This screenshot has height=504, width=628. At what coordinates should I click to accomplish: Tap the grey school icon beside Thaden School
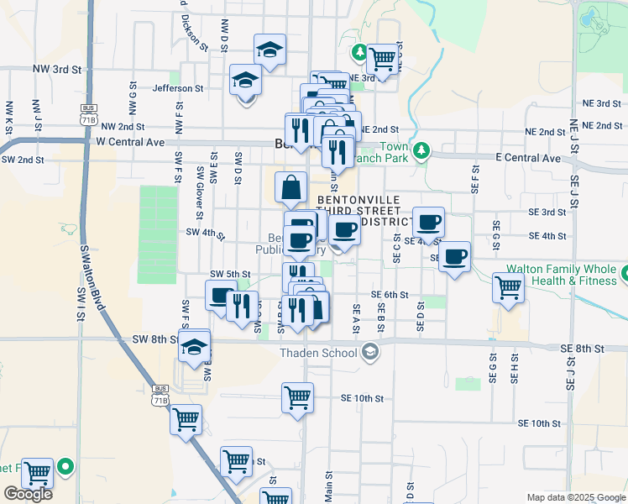tap(369, 353)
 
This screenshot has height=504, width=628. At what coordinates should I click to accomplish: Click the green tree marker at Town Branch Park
tap(421, 151)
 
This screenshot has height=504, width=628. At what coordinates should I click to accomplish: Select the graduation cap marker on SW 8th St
tap(194, 345)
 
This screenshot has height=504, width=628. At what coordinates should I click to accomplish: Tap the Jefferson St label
tap(178, 87)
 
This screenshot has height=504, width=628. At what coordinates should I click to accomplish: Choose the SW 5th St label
tap(230, 274)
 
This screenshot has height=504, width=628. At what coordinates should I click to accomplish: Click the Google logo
tap(28, 494)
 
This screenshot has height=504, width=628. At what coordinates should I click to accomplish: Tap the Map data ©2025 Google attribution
tap(575, 497)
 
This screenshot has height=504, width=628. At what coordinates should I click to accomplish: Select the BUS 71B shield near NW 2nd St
tap(87, 111)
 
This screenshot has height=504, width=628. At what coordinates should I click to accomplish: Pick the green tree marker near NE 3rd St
tap(359, 54)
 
